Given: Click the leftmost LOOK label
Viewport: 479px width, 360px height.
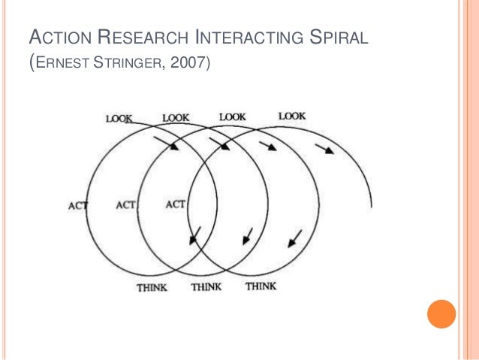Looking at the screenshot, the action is pyautogui.click(x=119, y=118).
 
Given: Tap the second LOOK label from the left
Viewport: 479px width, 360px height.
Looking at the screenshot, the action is pyautogui.click(x=176, y=117).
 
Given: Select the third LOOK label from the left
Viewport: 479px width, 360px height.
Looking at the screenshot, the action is pyautogui.click(x=232, y=116).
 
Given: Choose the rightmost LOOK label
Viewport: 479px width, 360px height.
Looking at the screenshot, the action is pyautogui.click(x=292, y=116).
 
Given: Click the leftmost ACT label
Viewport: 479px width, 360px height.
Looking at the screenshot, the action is pyautogui.click(x=79, y=205).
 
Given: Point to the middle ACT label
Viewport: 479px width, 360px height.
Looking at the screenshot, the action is pyautogui.click(x=127, y=204).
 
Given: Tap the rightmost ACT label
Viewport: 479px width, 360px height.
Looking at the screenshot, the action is pyautogui.click(x=175, y=204).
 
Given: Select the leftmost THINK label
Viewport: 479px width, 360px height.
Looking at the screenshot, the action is pyautogui.click(x=152, y=287).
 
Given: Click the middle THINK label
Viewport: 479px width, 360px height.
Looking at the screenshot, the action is pyautogui.click(x=206, y=287).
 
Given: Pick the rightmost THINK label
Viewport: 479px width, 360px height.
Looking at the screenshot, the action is pyautogui.click(x=261, y=286).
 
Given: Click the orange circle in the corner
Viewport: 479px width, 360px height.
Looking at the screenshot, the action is pyautogui.click(x=441, y=314).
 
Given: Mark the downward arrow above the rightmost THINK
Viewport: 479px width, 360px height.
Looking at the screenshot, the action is pyautogui.click(x=294, y=239).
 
